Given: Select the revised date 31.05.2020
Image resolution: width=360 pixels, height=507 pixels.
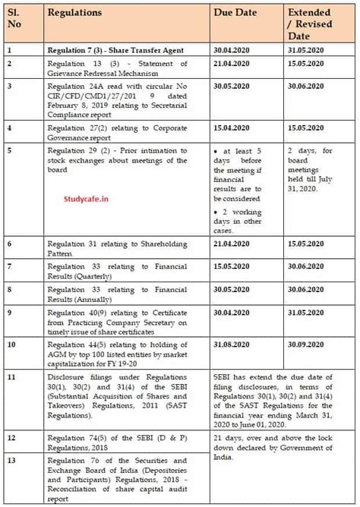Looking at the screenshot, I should [x=306, y=50].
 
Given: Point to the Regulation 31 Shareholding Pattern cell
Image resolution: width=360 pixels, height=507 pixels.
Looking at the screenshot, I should [x=126, y=247].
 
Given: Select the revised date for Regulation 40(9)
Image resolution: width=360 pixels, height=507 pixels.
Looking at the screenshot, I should [x=306, y=312].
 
